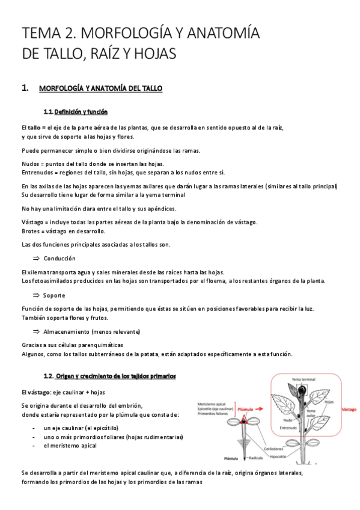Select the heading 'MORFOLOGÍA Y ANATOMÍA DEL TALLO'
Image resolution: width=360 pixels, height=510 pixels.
(x=100, y=88)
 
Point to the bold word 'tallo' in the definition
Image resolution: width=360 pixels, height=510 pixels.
(x=33, y=127)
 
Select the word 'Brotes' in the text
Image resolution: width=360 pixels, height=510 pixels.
(x=31, y=231)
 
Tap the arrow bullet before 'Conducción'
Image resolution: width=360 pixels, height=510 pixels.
(x=35, y=258)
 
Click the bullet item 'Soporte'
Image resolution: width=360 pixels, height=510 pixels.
(x=55, y=295)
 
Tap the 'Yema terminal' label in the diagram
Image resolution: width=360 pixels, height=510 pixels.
(x=305, y=379)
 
